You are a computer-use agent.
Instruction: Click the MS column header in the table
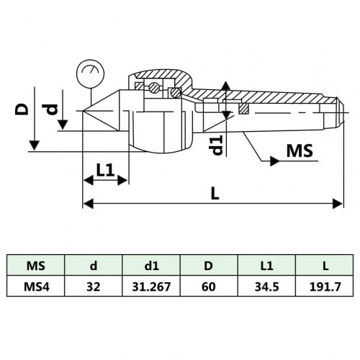point(35,266)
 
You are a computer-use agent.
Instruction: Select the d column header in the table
point(94,266)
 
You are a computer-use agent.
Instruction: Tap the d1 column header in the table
point(151,266)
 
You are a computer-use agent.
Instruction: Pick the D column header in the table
point(209,266)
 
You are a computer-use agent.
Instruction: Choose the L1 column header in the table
point(267,266)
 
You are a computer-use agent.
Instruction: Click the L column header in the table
point(325,266)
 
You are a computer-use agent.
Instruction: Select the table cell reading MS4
point(35,286)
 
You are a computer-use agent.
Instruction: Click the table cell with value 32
point(94,286)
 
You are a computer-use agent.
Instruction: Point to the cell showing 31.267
point(151,286)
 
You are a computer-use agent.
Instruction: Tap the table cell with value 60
point(209,286)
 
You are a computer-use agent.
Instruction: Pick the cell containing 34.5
point(267,286)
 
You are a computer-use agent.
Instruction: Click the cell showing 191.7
point(325,286)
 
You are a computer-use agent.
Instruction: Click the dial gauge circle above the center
point(89,73)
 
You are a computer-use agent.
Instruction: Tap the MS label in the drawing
point(300,152)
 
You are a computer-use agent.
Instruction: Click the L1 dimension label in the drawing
point(106,170)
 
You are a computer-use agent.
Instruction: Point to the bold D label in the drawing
point(23,109)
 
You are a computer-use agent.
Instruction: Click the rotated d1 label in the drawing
point(215,143)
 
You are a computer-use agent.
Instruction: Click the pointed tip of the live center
point(85,112)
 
